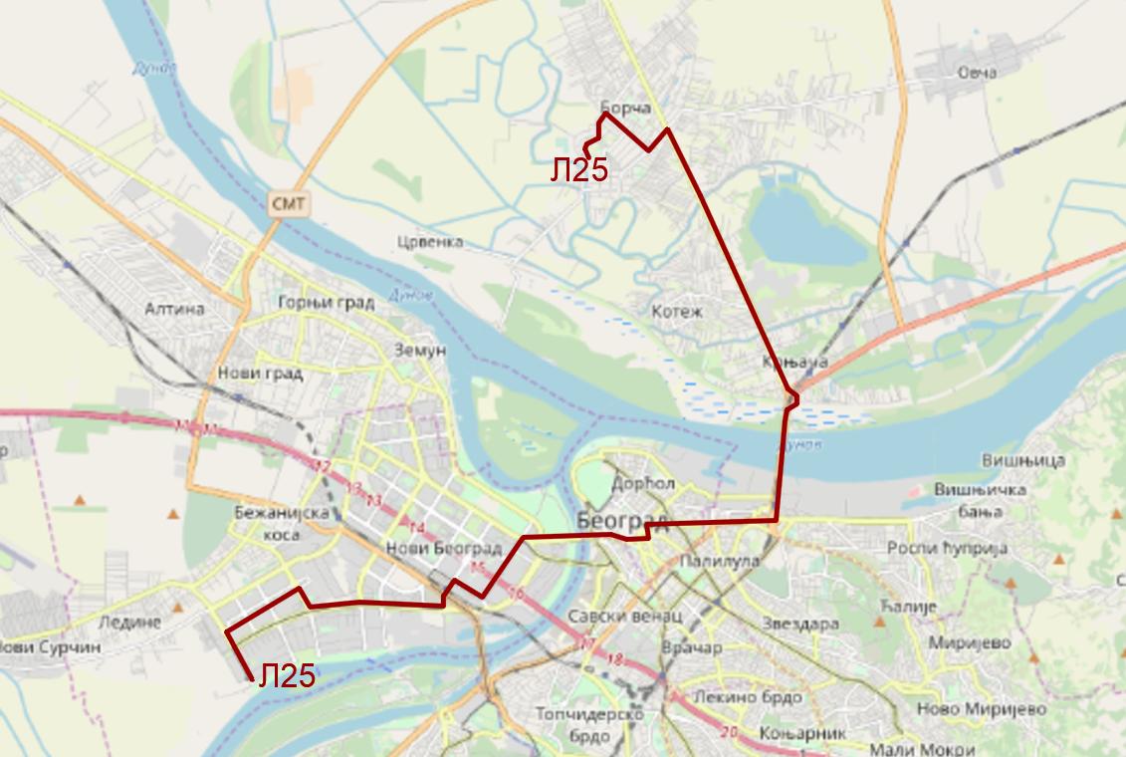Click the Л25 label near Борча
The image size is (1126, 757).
(578, 170)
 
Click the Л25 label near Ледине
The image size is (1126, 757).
(287, 676)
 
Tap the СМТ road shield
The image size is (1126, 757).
(290, 204)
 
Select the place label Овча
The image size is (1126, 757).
(976, 72)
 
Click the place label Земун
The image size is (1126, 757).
(419, 351)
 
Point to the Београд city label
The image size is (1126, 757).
(621, 520)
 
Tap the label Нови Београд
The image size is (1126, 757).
(442, 549)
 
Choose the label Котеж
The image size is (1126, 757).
(677, 312)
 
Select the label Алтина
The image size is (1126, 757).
(175, 309)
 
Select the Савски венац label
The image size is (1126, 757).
(610, 617)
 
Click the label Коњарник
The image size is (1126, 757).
(788, 733)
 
